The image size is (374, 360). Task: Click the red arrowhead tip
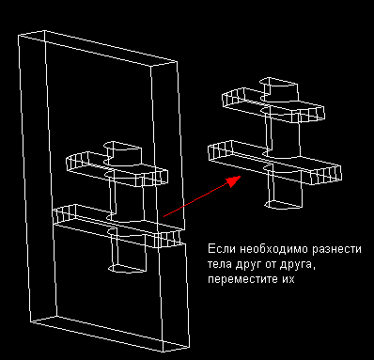pyautogui.click(x=241, y=177)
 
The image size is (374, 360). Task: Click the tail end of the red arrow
pyautogui.click(x=164, y=216)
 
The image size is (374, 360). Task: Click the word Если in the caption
pyautogui.click(x=222, y=249)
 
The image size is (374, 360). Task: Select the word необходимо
pyautogui.click(x=274, y=249)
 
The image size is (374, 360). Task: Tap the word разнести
pyautogui.click(x=336, y=250)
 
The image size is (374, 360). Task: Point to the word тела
pyautogui.click(x=220, y=265)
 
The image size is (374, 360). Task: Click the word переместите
pyautogui.click(x=242, y=279)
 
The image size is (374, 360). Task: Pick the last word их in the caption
pyautogui.click(x=288, y=279)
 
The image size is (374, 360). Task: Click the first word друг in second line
pyautogui.click(x=249, y=265)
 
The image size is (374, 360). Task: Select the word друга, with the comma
pyautogui.click(x=297, y=265)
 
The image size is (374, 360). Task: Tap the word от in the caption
pyautogui.click(x=271, y=265)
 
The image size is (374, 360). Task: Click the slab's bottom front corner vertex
pyautogui.click(x=164, y=352)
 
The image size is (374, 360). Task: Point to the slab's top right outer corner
pyautogui.click(x=178, y=62)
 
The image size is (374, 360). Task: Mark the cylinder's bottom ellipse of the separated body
pyautogui.click(x=284, y=205)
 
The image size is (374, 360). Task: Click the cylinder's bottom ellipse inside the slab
pyautogui.click(x=127, y=268)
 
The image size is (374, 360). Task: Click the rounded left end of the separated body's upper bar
pyautogui.click(x=233, y=97)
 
